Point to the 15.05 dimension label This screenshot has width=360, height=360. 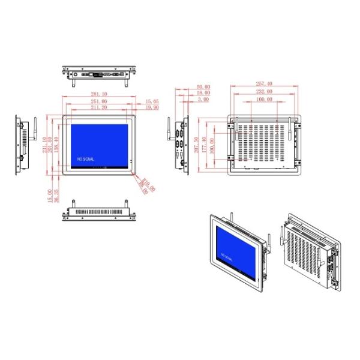tap(152, 101)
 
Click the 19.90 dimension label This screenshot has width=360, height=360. tap(152, 109)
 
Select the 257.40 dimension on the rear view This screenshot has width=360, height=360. tap(264, 84)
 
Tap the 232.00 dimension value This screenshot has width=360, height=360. tap(264, 92)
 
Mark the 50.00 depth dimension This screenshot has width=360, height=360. tap(203, 86)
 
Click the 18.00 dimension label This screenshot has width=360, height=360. tap(203, 93)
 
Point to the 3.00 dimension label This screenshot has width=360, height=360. tap(203, 100)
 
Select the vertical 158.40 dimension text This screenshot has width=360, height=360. tap(57, 145)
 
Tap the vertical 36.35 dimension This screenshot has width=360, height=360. tap(56, 196)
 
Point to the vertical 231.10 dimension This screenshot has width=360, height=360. tap(43, 145)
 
